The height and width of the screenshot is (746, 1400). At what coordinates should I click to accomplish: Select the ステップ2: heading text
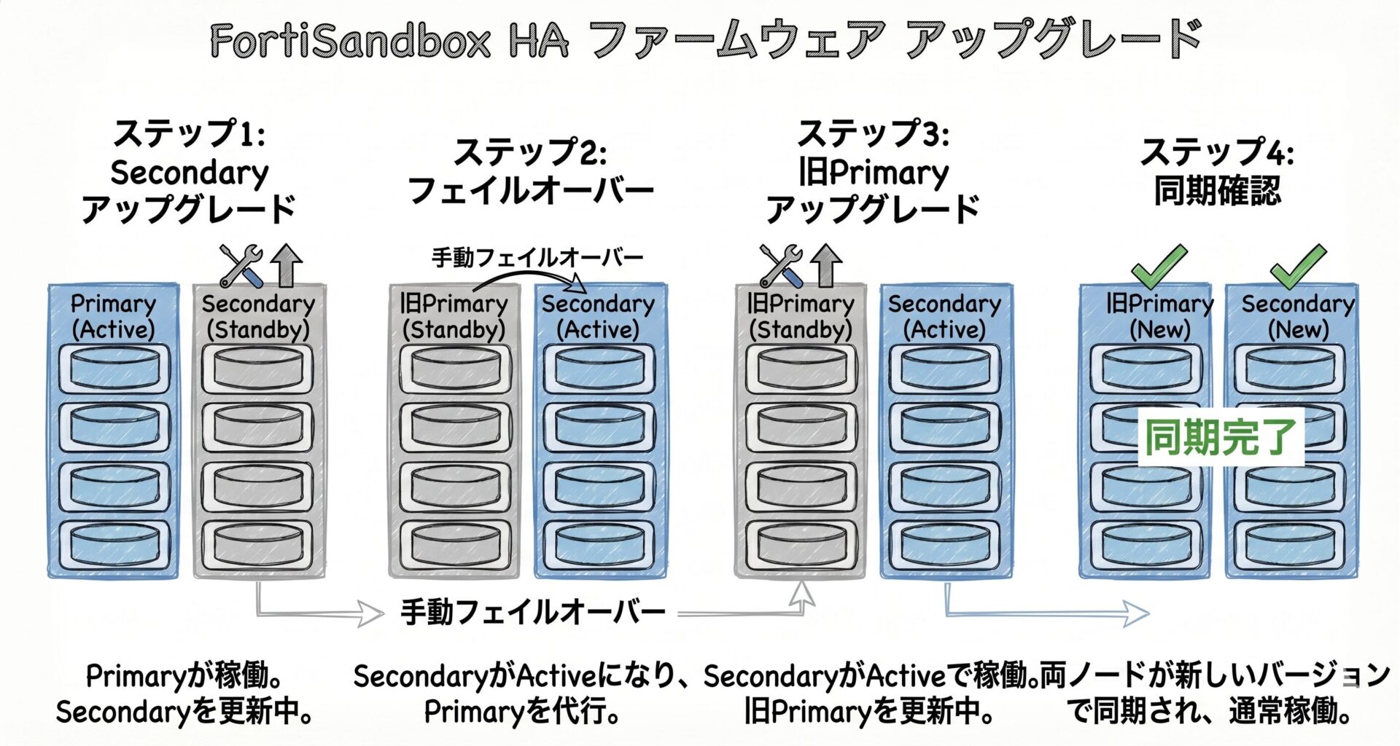pyautogui.click(x=530, y=152)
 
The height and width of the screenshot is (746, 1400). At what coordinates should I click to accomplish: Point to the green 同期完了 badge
pyautogui.click(x=1221, y=437)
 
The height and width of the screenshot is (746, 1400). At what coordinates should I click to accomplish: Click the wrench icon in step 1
pyautogui.click(x=241, y=265)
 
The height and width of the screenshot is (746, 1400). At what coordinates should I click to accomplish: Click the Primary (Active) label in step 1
pyautogui.click(x=114, y=317)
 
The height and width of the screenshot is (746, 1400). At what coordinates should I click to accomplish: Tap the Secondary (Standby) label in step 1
pyautogui.click(x=258, y=317)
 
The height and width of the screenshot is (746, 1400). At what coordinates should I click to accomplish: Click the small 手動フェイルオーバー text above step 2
pyautogui.click(x=537, y=257)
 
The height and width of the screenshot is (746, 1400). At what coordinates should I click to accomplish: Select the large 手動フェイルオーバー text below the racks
pyautogui.click(x=533, y=612)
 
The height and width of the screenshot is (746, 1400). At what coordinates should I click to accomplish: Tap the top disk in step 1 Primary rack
pyautogui.click(x=114, y=369)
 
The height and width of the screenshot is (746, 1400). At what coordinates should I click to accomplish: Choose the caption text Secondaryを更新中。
pyautogui.click(x=185, y=712)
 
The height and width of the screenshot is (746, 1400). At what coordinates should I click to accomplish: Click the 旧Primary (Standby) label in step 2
pyautogui.click(x=454, y=317)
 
